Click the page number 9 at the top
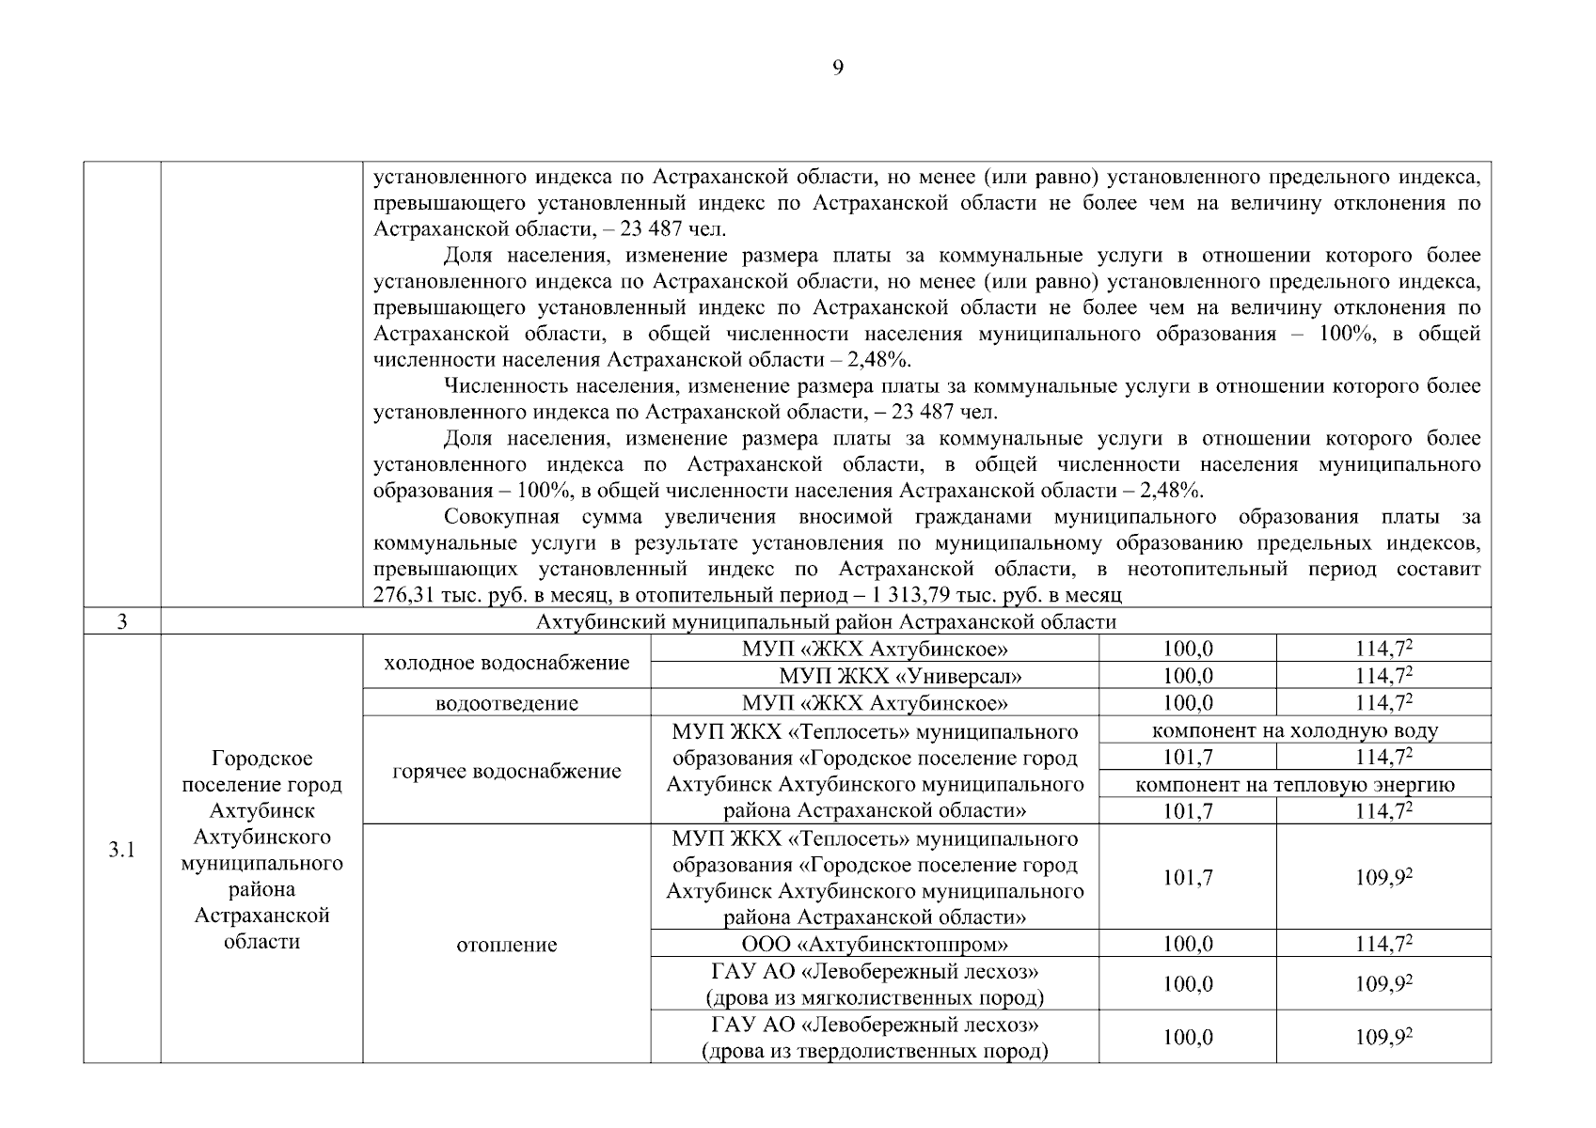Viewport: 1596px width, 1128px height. (x=838, y=68)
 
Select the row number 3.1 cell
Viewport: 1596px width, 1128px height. (x=121, y=851)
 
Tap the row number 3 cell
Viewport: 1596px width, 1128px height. (x=121, y=622)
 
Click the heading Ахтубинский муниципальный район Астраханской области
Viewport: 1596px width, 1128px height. (x=826, y=622)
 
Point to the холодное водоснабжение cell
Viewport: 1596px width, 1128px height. (x=507, y=663)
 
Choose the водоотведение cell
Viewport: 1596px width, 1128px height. (x=507, y=703)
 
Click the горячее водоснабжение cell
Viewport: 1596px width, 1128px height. (x=507, y=771)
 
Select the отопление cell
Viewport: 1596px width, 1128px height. (x=507, y=945)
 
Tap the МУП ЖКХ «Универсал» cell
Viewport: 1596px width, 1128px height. (x=900, y=676)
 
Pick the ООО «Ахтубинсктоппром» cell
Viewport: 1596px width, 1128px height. (x=875, y=944)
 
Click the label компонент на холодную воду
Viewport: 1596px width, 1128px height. (x=1295, y=730)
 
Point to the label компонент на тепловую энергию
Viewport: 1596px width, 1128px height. (x=1295, y=785)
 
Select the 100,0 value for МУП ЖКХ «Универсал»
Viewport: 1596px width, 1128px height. (x=1188, y=676)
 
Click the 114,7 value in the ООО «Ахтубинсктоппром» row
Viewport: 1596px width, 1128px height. (x=1383, y=944)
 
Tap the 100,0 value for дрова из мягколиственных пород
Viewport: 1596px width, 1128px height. (x=1188, y=984)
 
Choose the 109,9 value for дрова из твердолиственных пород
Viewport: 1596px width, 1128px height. (x=1383, y=1038)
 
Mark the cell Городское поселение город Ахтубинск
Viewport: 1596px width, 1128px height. (x=261, y=850)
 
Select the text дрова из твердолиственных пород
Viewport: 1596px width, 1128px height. (x=875, y=1051)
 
